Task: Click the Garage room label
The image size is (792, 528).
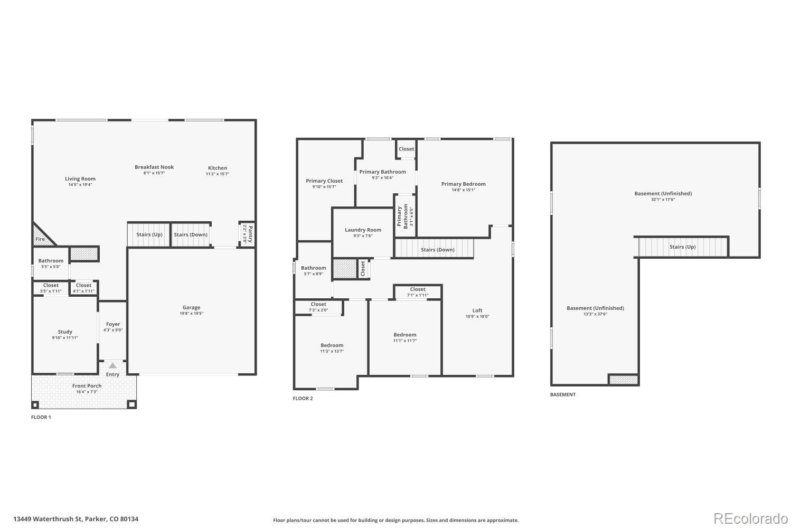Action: coord(191,307)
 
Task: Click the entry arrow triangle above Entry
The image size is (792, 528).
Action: coord(112,365)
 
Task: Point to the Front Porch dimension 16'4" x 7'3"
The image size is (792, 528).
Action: coord(87,392)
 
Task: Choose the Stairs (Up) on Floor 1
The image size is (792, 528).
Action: coord(149,234)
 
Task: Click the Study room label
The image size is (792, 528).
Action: coord(65,332)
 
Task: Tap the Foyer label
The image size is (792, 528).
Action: coord(113,324)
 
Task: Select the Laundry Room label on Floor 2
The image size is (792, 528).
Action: coord(363,230)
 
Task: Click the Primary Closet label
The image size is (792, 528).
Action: coord(324,181)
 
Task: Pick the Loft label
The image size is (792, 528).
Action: coord(477,310)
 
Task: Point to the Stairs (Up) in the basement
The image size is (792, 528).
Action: coord(682,247)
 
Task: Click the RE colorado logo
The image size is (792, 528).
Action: coord(750,518)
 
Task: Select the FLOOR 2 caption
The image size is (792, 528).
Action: coord(303,398)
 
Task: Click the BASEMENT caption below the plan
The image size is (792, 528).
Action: coord(563,394)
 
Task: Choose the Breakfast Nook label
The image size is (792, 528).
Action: coord(154,167)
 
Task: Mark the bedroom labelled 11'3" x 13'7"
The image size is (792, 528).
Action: coord(332,351)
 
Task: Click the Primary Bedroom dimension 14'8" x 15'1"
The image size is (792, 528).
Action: coord(463,190)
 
